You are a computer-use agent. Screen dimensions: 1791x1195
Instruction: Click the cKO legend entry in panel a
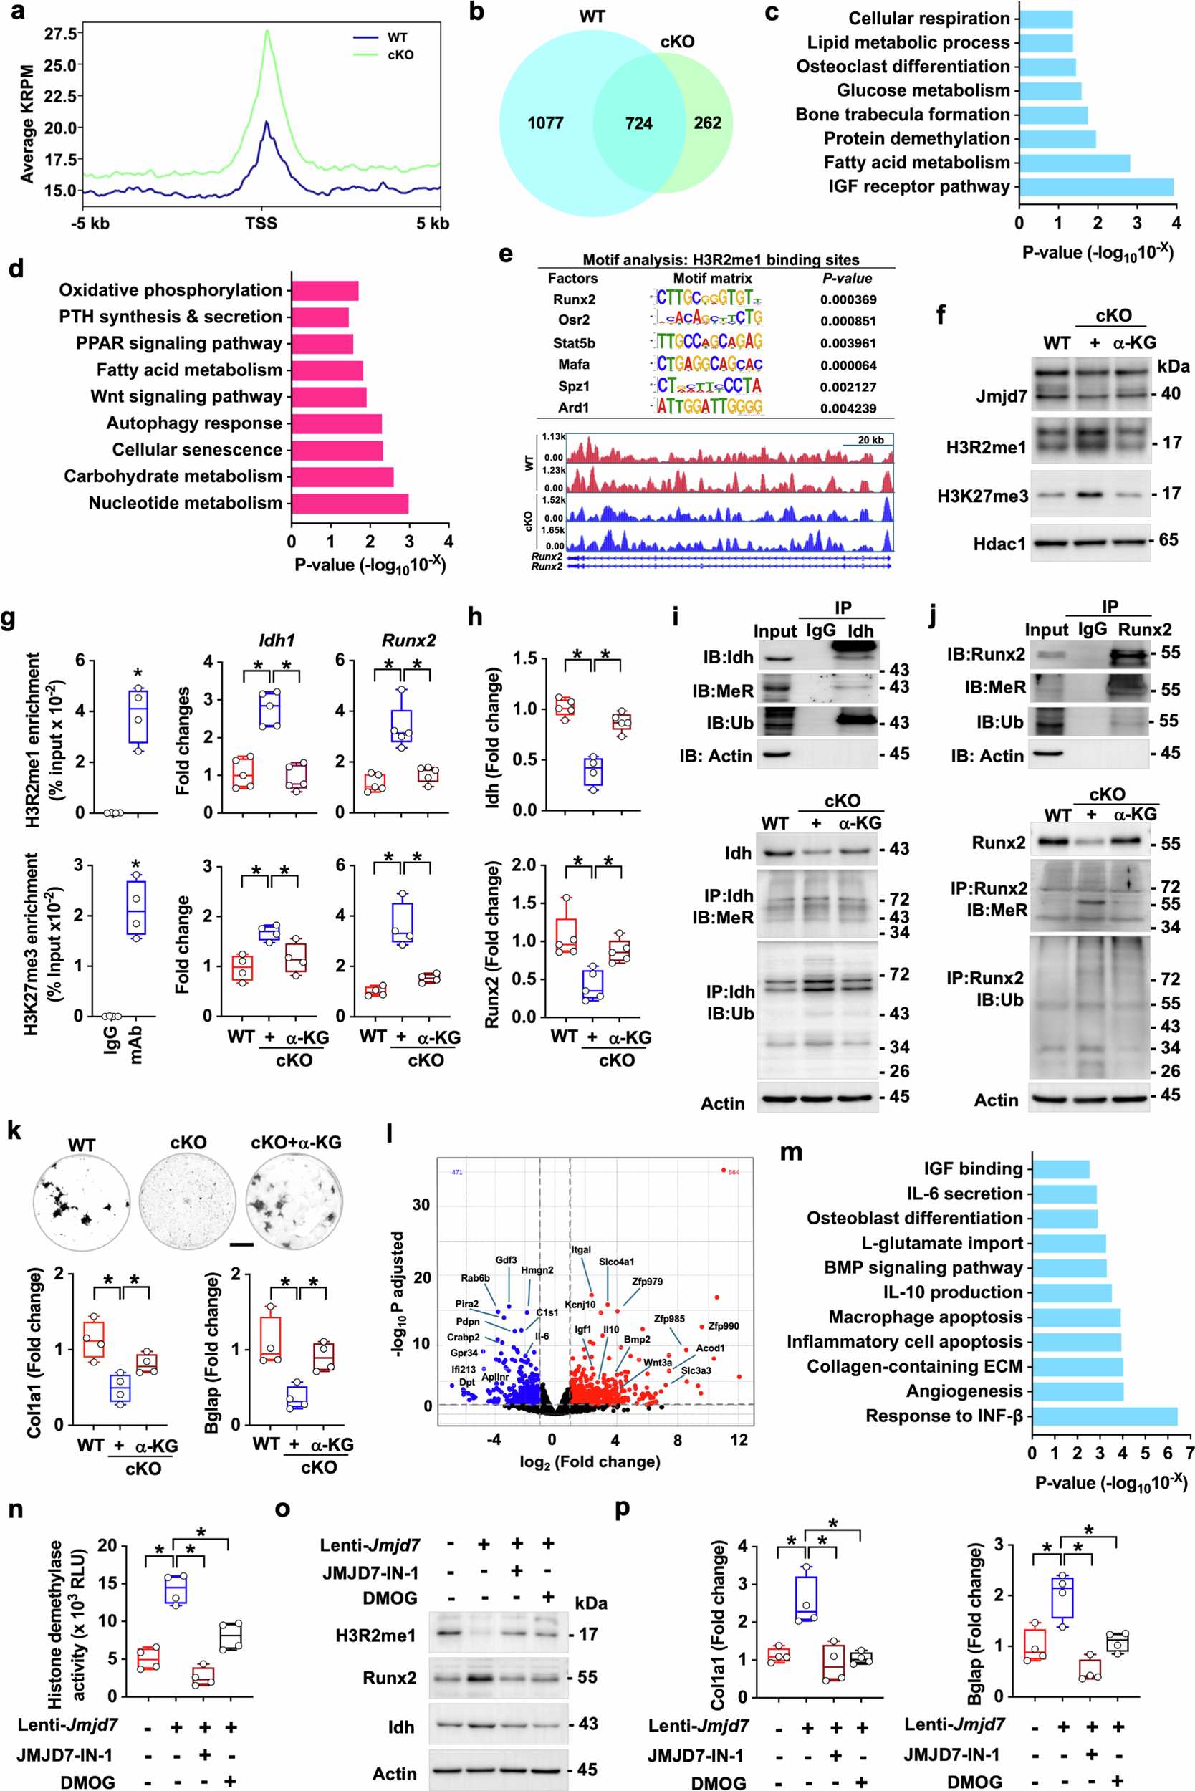(400, 55)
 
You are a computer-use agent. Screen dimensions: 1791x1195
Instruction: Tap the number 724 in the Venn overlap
(638, 123)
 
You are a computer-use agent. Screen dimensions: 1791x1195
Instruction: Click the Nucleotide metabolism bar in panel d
(350, 503)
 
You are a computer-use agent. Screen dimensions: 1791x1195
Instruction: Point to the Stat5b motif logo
(709, 342)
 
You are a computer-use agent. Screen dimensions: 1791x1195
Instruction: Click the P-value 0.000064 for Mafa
(848, 365)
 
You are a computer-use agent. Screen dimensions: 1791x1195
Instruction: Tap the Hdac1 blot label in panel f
(1000, 544)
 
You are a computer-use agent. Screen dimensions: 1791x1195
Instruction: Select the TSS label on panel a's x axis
(261, 224)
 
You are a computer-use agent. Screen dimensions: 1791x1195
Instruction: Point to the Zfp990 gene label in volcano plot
(724, 1326)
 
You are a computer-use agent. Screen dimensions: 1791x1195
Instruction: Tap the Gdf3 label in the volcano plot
(506, 1260)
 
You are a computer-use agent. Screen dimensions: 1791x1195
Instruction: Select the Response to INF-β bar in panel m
(1104, 1416)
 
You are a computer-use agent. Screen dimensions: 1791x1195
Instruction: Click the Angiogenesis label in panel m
(964, 1392)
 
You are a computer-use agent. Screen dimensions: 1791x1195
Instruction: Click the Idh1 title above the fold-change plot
(276, 640)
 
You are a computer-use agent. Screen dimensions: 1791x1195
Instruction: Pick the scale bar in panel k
(241, 1244)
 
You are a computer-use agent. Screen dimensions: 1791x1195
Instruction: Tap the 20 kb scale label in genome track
(870, 440)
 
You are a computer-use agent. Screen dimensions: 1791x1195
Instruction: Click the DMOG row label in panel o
(390, 1598)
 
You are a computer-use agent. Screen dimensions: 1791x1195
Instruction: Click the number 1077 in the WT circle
(546, 123)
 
